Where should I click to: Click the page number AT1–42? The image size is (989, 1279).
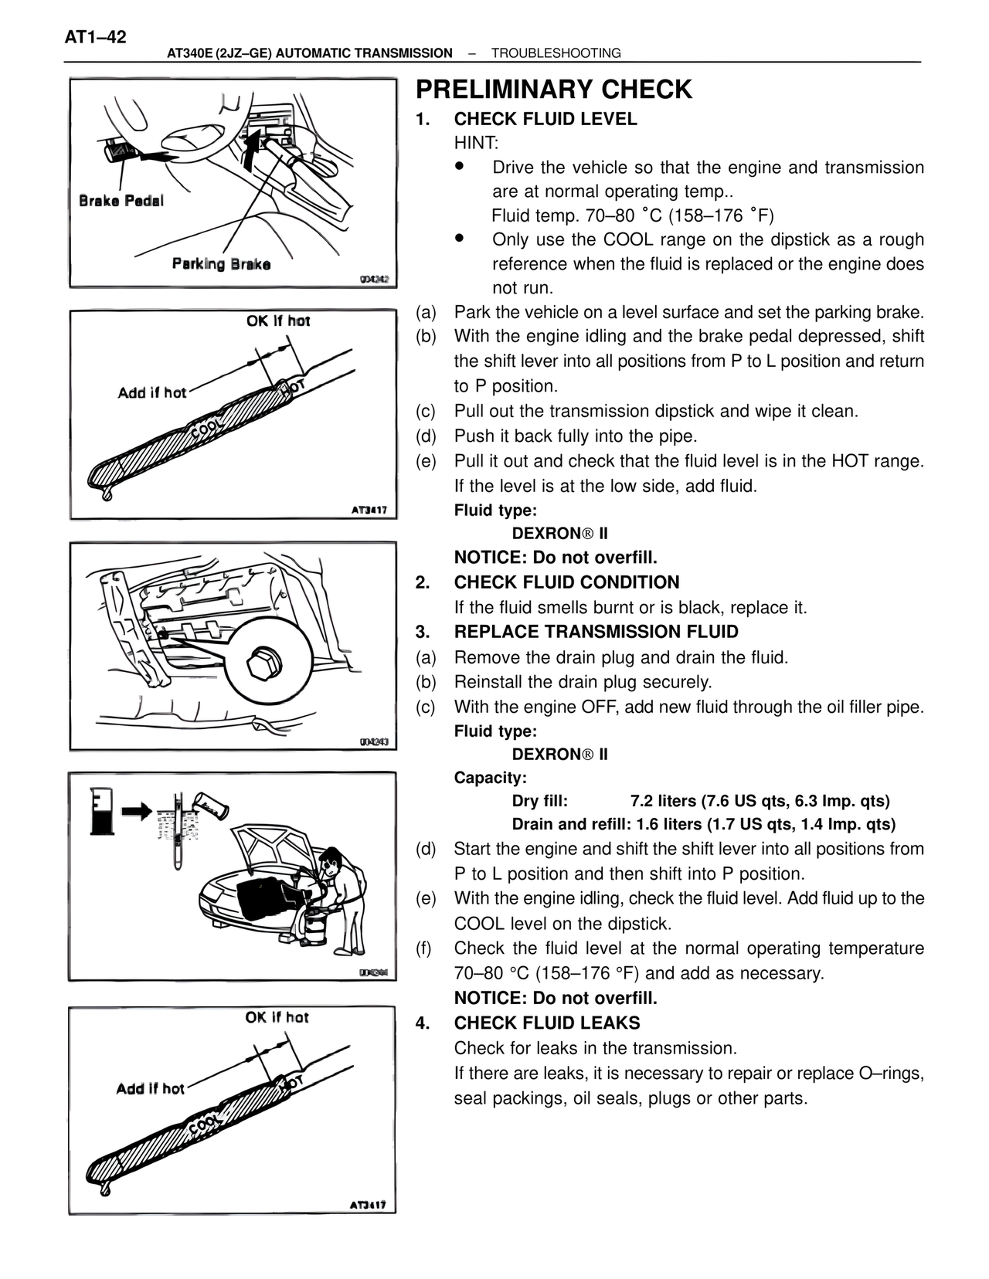[95, 37]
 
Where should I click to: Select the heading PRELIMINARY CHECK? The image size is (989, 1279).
[553, 90]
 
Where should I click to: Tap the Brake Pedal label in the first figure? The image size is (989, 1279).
[121, 201]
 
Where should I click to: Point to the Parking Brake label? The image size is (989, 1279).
[221, 264]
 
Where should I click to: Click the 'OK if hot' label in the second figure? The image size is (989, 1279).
[278, 321]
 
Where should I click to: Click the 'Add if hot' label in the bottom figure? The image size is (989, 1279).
[151, 1089]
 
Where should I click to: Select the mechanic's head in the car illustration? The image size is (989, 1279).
[332, 860]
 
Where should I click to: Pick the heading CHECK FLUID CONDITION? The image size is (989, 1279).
[566, 582]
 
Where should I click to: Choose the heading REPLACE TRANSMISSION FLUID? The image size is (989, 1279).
[596, 632]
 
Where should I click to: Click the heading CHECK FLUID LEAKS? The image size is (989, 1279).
[547, 1023]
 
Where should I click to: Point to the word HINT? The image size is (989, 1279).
[476, 143]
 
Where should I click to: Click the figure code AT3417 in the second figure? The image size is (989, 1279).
[369, 510]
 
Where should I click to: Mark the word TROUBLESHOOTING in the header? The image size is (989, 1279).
[556, 53]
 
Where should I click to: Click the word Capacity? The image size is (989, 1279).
[490, 778]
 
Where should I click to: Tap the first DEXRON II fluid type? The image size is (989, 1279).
[559, 534]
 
